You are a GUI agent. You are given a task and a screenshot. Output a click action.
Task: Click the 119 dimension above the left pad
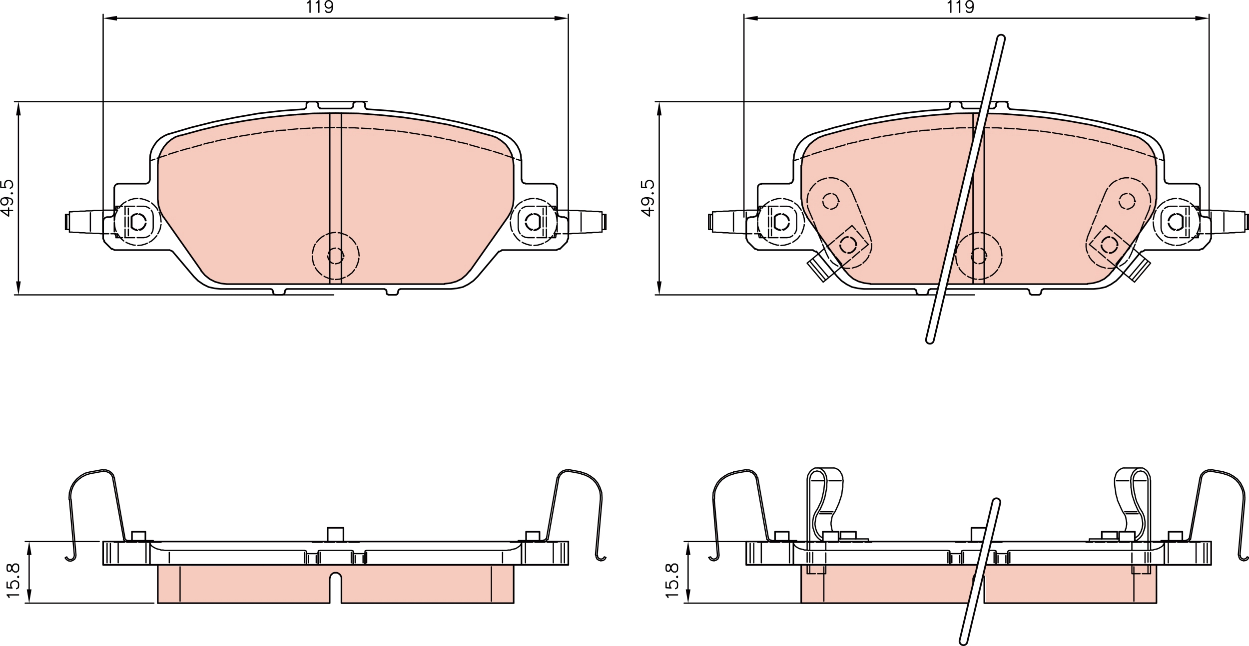coord(320,7)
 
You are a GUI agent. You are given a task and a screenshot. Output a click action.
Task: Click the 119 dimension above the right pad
coord(960,7)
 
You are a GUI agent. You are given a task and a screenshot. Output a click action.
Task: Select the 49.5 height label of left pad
coord(8,198)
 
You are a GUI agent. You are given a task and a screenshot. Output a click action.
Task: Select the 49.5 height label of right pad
coord(648,198)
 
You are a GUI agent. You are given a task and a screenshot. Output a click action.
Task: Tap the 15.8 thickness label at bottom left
coord(13,580)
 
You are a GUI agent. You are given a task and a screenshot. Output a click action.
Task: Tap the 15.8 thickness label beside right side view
coord(672,580)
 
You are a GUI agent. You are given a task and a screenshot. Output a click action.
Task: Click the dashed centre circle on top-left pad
coord(336,256)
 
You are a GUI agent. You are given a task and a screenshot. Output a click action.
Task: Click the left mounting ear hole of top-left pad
coord(138,221)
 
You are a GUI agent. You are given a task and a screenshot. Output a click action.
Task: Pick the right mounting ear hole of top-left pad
coord(533,221)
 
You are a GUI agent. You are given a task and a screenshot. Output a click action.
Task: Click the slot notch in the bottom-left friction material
coord(336,587)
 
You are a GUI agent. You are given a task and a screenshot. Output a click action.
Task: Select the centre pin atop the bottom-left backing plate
coord(335,534)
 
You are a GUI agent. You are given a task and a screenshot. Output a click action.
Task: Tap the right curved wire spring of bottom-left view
coord(580,499)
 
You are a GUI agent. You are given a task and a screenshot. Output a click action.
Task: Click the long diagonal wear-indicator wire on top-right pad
coord(964,190)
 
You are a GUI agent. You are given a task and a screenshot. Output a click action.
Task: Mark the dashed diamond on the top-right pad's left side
coord(848,245)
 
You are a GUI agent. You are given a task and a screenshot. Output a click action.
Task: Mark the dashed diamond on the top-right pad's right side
coord(1109,245)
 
